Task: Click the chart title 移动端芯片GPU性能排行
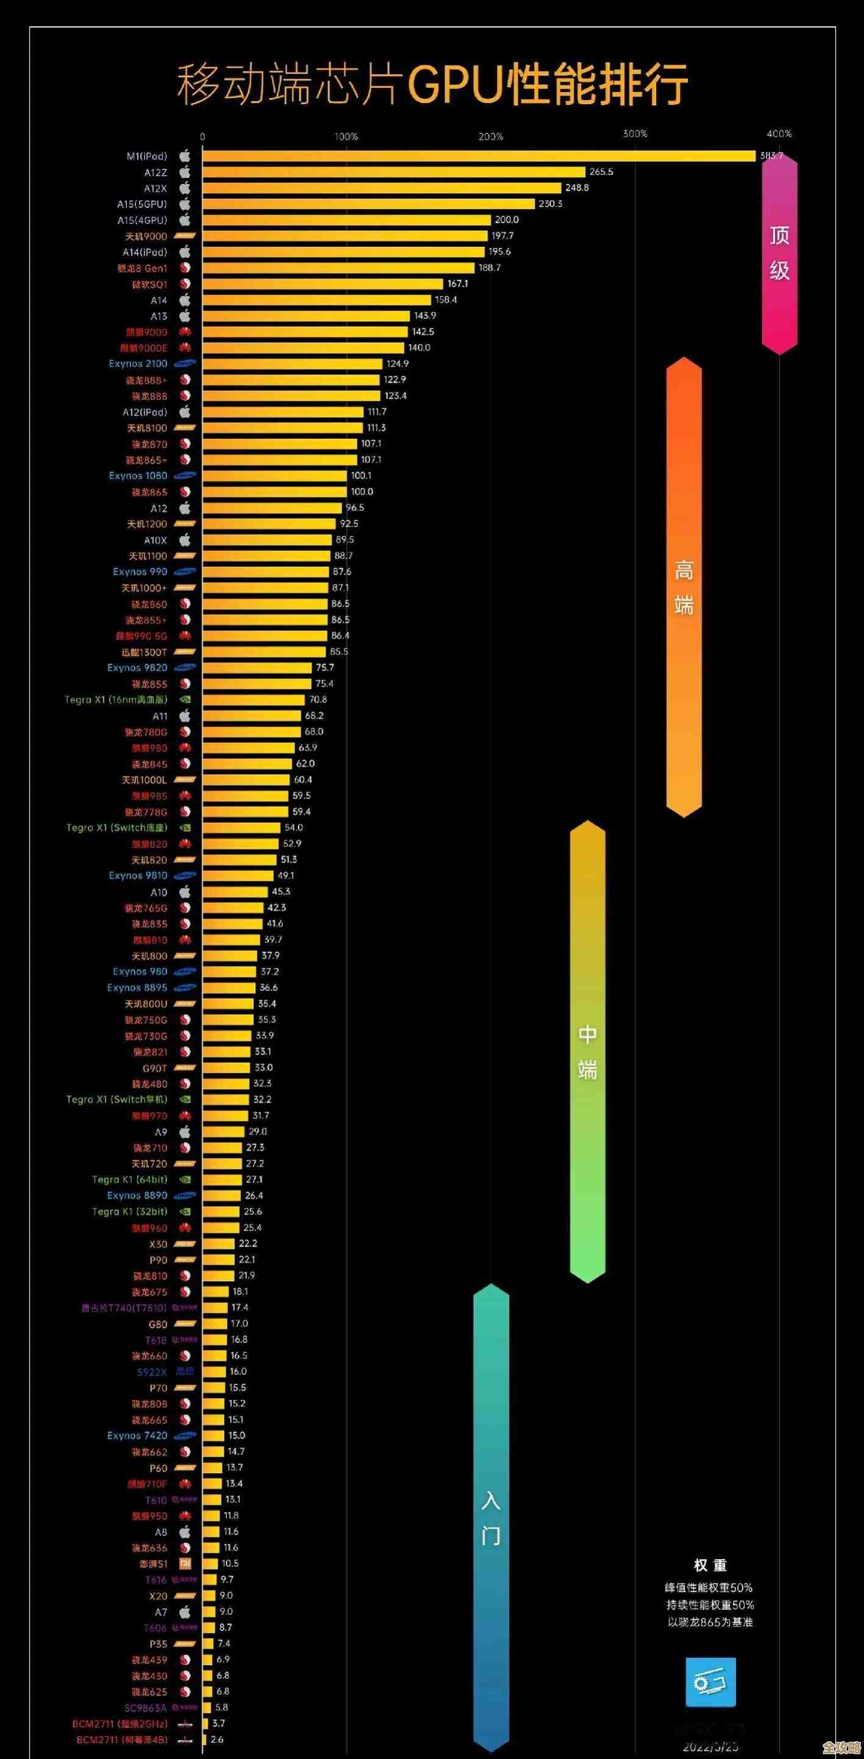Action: (432, 85)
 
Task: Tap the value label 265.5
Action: (601, 172)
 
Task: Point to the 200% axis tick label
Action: (490, 137)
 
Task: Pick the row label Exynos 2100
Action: (137, 364)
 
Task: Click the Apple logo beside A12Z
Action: (184, 172)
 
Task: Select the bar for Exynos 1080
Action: (274, 476)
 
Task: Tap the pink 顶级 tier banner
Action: (779, 254)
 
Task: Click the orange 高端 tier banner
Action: (684, 587)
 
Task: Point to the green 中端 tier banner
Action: (587, 1051)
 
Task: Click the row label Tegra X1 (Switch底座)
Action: (116, 828)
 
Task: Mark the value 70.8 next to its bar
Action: (318, 700)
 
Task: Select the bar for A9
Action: (223, 1131)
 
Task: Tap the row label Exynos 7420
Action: (137, 1435)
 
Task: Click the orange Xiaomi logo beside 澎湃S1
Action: (184, 1563)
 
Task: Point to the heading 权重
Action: (710, 1565)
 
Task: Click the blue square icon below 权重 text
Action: (710, 1681)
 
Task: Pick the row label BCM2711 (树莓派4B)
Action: (121, 1739)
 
